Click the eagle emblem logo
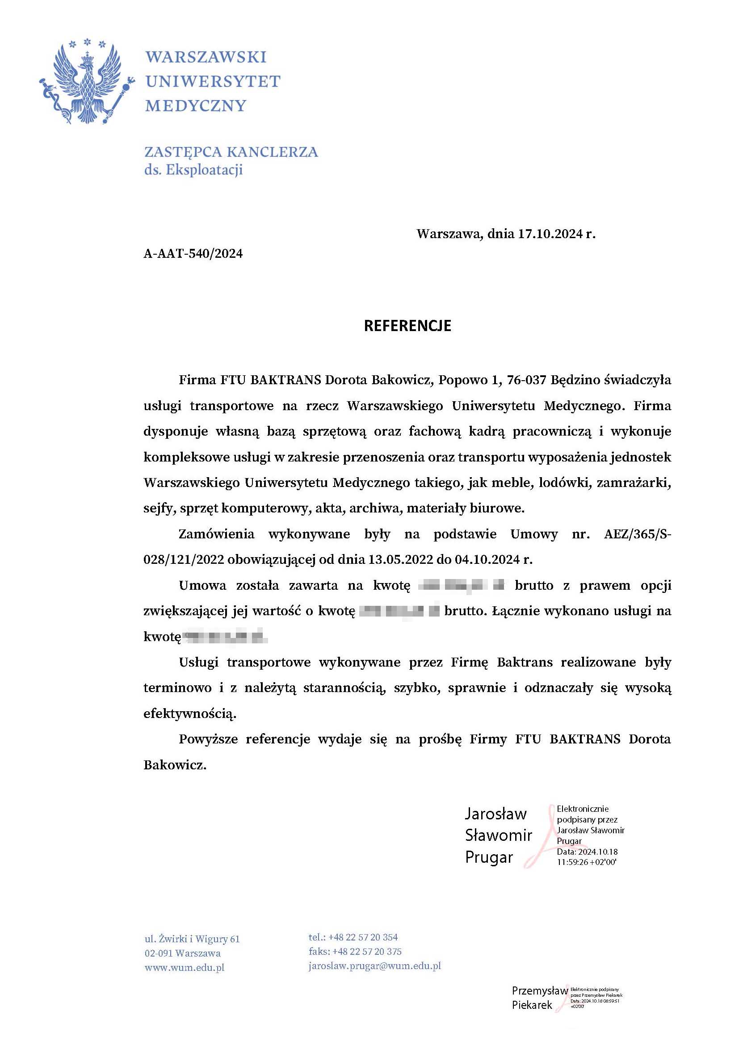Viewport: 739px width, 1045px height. (x=87, y=82)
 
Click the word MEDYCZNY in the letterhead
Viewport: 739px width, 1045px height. (x=196, y=106)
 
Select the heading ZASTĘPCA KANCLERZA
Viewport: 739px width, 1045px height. (x=231, y=151)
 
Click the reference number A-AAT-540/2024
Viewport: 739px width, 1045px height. (x=193, y=253)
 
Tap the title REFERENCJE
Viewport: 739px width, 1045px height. (x=407, y=326)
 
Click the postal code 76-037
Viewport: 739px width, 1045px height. (x=526, y=380)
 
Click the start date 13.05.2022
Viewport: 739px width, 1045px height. (x=400, y=559)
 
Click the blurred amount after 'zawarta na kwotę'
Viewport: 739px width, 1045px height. (x=462, y=585)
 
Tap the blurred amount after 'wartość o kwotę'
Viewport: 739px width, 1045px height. (x=399, y=611)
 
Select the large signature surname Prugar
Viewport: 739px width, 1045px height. (x=489, y=857)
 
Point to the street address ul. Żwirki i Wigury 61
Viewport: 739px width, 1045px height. (x=192, y=939)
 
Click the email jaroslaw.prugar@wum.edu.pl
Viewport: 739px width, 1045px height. (x=374, y=966)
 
